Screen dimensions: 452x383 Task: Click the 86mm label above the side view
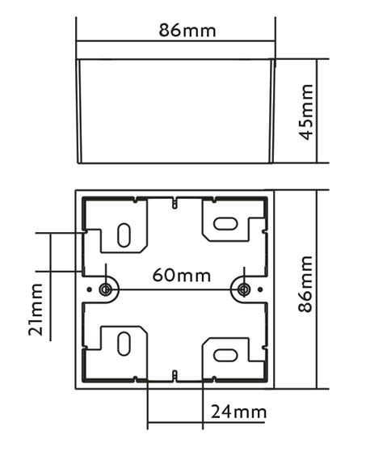pos(187,31)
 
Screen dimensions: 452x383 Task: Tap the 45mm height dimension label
pos(307,111)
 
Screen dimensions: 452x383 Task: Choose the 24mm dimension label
pos(238,412)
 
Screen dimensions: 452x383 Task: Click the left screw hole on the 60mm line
pos(105,289)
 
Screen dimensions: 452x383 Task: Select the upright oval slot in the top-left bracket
pos(123,234)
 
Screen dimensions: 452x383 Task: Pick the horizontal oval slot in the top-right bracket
pos(225,222)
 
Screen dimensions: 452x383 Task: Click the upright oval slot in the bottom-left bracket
pos(123,343)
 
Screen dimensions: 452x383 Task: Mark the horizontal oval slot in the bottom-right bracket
pos(225,354)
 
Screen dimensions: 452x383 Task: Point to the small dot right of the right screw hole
pos(259,289)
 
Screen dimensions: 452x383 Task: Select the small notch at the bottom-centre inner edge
pos(175,374)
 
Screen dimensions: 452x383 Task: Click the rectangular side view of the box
pos(175,110)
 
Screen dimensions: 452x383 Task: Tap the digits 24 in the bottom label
pos(221,412)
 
